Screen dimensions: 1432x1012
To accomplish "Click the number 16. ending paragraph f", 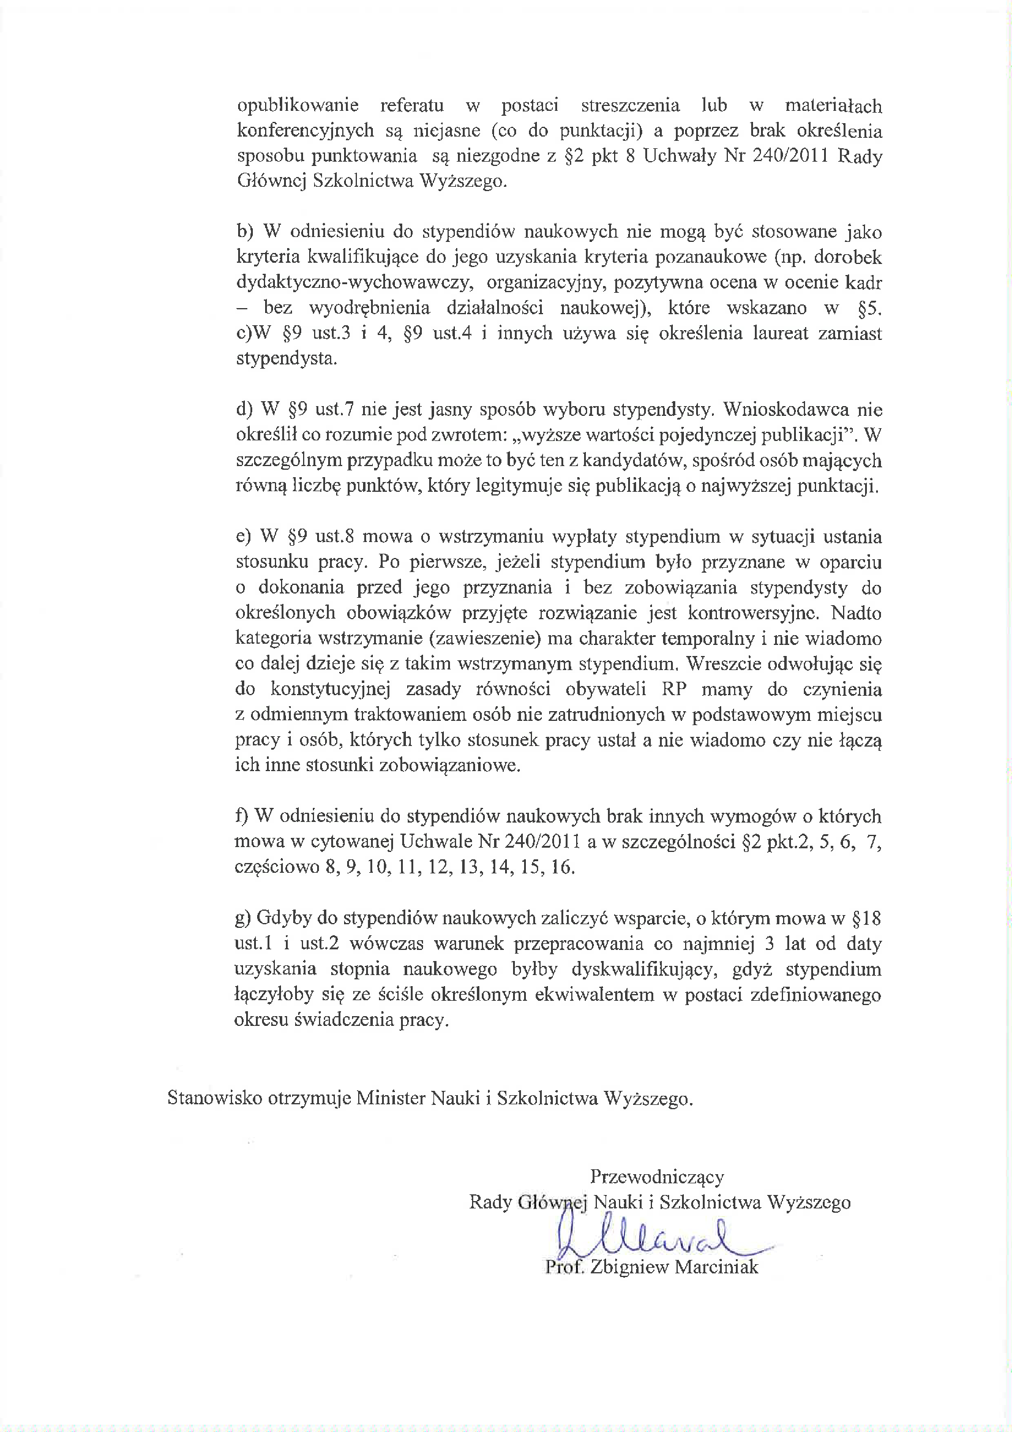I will click(562, 867).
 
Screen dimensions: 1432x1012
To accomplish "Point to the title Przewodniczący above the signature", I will click(656, 1177).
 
